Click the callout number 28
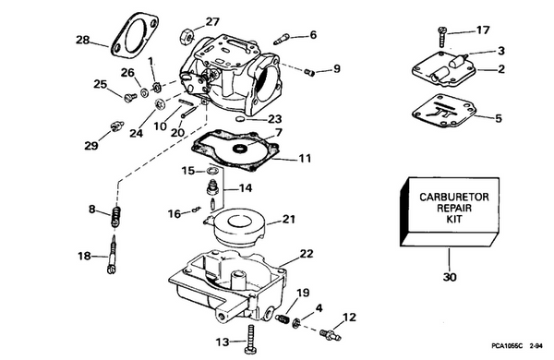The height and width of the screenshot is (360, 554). pos(83,40)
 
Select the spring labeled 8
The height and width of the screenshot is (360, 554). pos(116,218)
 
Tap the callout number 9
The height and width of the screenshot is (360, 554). pos(335,67)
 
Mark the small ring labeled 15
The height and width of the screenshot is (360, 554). pos(212,172)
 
